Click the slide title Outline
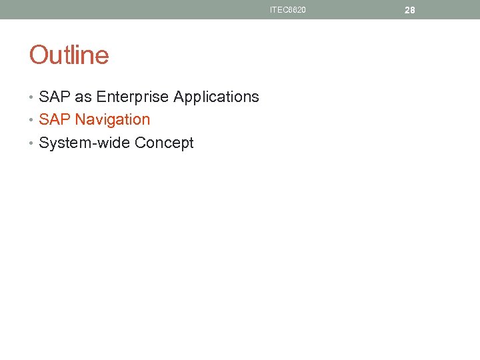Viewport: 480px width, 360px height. [69, 55]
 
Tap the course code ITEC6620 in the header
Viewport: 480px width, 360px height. [288, 10]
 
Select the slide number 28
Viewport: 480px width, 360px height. [410, 10]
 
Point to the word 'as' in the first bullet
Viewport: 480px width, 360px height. [83, 97]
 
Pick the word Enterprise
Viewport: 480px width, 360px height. [132, 97]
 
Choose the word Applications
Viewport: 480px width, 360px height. [216, 97]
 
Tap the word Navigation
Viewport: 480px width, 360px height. [113, 120]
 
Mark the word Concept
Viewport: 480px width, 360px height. [164, 143]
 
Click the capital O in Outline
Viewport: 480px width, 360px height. [38, 55]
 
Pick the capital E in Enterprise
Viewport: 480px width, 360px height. [101, 97]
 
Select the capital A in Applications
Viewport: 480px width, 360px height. [179, 97]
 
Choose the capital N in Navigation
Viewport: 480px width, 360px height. [80, 120]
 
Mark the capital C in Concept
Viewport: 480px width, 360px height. [140, 143]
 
